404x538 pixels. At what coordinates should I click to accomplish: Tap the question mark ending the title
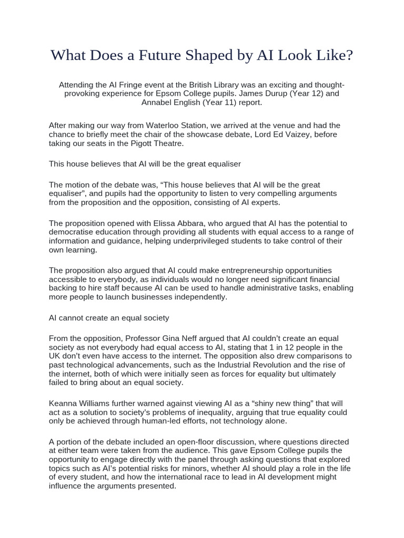[349, 56]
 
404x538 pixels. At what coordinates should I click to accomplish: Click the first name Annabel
[158, 102]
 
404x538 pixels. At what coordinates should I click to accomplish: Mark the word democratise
[75, 232]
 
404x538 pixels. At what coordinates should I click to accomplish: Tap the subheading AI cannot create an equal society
[109, 318]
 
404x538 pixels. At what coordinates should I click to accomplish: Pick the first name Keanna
[63, 403]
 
